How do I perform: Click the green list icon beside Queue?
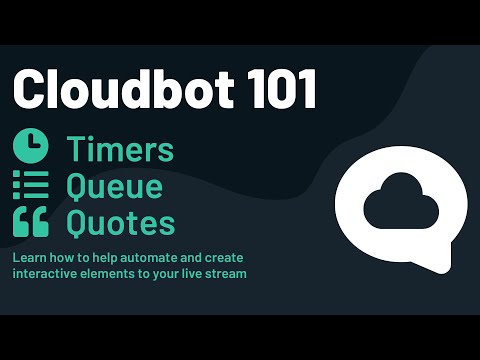coord(30,185)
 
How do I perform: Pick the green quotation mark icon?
coord(30,222)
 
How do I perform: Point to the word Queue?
coord(114,186)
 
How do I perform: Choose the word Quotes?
coord(120,222)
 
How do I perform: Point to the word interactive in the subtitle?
coord(43,273)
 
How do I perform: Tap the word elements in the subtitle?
coord(109,273)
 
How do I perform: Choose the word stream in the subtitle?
coord(226,273)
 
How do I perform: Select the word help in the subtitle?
coord(102,257)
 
